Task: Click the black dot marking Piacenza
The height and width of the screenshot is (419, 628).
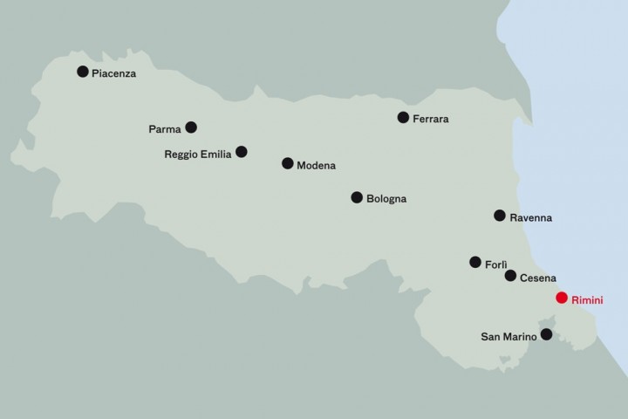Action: [83, 72]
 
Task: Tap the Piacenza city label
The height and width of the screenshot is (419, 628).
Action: [114, 74]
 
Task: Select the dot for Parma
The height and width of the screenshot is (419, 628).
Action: [191, 127]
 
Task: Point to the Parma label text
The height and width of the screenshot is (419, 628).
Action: [165, 130]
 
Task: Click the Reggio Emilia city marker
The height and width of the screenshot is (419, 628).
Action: [242, 152]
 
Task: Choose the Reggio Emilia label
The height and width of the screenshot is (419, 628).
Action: [198, 155]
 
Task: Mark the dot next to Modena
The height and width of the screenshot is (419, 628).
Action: [287, 163]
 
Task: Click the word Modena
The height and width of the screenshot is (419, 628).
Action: [316, 165]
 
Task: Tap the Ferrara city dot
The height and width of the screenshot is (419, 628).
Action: [403, 117]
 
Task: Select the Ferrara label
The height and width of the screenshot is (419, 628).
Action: [431, 120]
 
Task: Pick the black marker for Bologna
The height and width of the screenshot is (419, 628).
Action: [357, 197]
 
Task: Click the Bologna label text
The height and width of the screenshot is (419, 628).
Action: [386, 200]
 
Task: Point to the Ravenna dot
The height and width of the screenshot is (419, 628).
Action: [500, 216]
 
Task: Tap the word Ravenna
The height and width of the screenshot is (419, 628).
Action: [531, 217]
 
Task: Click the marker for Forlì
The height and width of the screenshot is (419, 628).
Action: [475, 262]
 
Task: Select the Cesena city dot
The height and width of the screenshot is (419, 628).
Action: [510, 276]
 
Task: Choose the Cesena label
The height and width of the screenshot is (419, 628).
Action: [538, 278]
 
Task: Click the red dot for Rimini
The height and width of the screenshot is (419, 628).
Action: [562, 298]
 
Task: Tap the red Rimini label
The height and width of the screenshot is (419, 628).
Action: [587, 300]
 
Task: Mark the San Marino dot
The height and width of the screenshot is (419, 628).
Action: [547, 334]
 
